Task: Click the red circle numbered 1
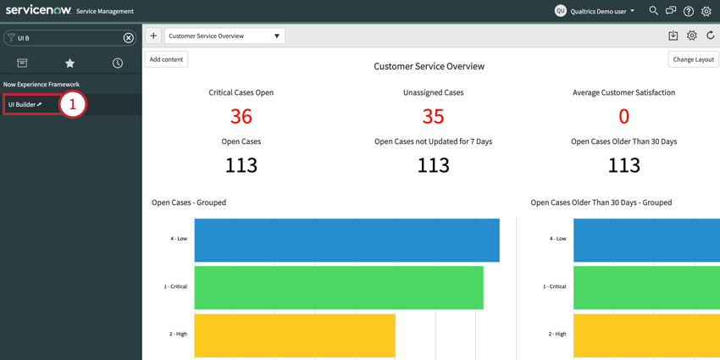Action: coord(73,104)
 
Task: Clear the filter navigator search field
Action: coord(129,38)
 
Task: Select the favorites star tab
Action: coord(70,63)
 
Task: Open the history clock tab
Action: coord(118,63)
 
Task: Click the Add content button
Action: coord(166,59)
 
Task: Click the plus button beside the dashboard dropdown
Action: coord(153,36)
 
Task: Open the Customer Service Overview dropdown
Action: coord(224,36)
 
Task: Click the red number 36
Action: coord(241,116)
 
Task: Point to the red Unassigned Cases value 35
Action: coord(433,116)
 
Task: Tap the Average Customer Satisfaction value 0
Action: coord(623,116)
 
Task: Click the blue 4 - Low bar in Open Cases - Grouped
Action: coord(346,240)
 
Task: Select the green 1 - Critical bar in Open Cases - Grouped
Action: coord(339,287)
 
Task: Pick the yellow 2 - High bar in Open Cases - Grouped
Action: coord(295,335)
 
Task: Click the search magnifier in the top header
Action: coord(653,11)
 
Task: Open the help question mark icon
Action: coord(689,11)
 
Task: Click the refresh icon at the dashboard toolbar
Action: coord(711,36)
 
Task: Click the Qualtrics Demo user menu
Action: coord(595,11)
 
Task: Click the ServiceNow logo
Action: coord(38,10)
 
